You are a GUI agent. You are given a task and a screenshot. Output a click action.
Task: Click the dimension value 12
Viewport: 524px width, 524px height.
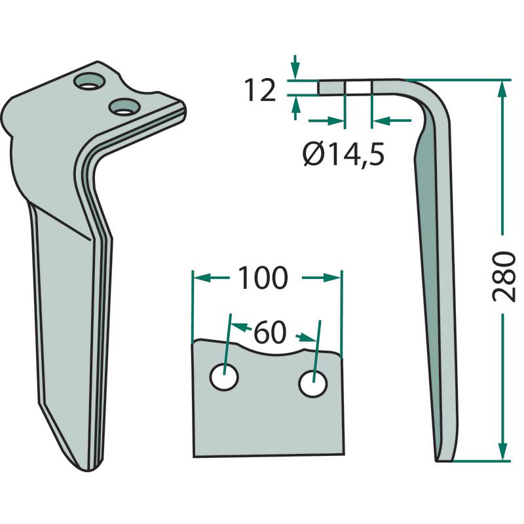(x=260, y=90)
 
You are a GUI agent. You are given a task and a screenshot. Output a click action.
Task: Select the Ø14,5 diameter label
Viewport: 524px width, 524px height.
(x=343, y=155)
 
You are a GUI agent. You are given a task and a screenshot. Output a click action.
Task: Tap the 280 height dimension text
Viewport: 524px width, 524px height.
(x=504, y=276)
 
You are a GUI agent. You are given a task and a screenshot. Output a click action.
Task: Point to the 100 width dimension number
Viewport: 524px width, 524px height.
(x=263, y=278)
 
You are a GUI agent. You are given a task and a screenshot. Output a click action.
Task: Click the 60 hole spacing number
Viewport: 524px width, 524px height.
(x=270, y=333)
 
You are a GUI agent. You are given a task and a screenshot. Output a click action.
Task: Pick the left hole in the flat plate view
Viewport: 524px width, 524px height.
(x=224, y=377)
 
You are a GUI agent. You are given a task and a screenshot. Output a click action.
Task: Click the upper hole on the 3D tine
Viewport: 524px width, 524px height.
(x=90, y=81)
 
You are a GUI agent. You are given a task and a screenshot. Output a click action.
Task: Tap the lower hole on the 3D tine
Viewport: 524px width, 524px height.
(x=124, y=107)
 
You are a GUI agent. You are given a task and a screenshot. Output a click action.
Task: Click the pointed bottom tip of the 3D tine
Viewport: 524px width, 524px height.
(x=88, y=470)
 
